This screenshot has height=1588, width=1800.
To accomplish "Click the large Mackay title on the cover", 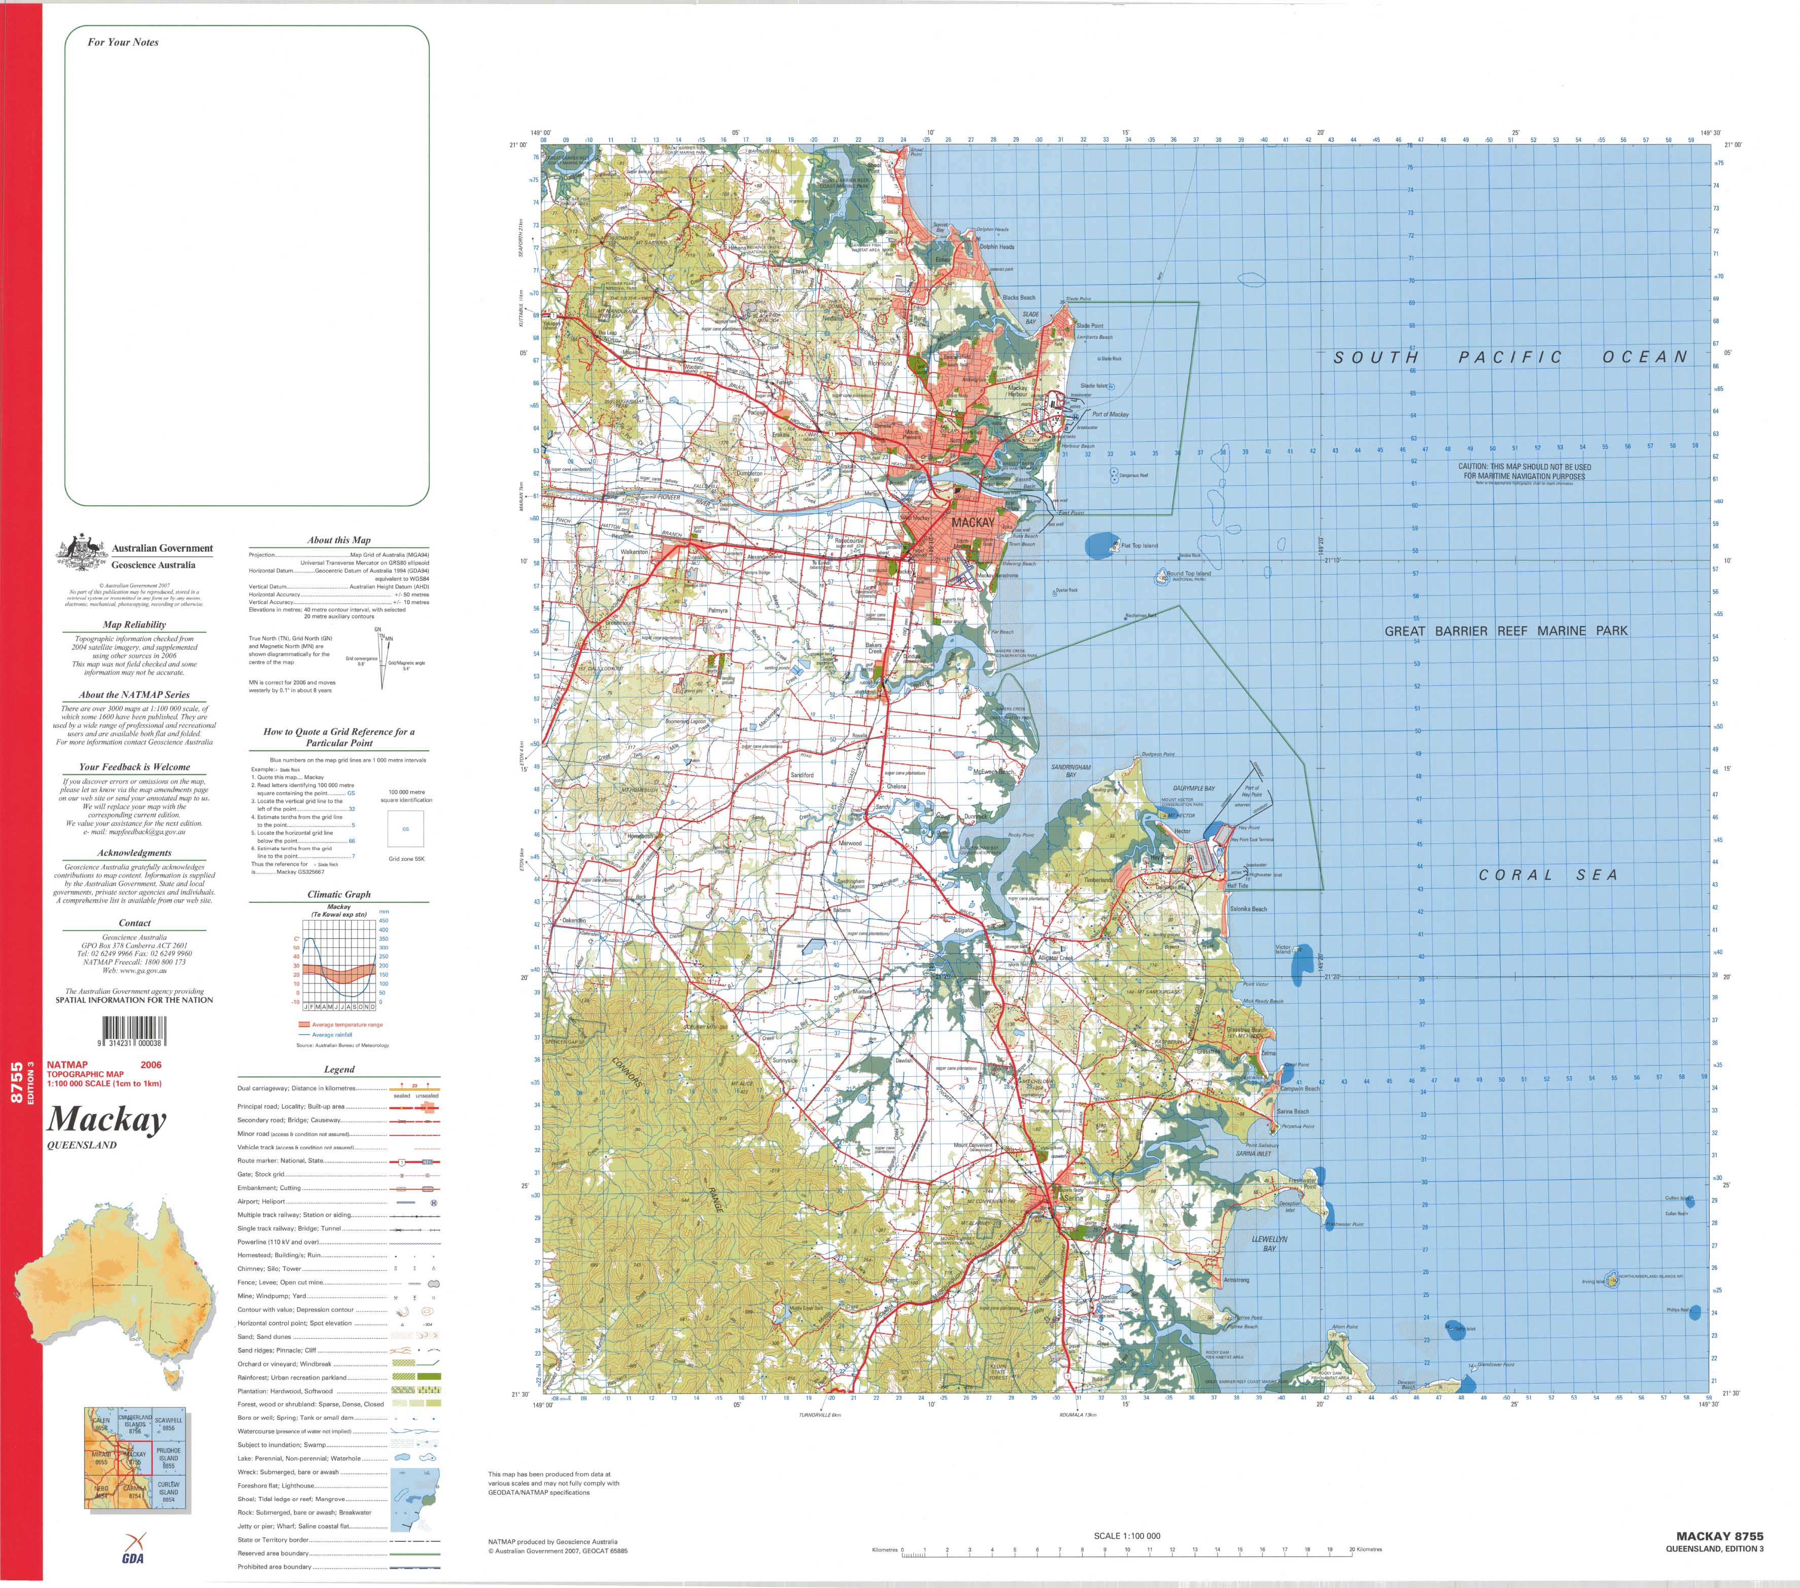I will point(107,1120).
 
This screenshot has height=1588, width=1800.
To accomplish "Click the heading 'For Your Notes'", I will point(123,42).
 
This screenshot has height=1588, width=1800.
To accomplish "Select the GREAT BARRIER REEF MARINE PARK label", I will point(1506,631).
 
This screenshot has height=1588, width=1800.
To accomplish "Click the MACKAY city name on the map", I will point(972,523).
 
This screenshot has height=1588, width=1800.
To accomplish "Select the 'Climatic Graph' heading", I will point(339,894).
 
